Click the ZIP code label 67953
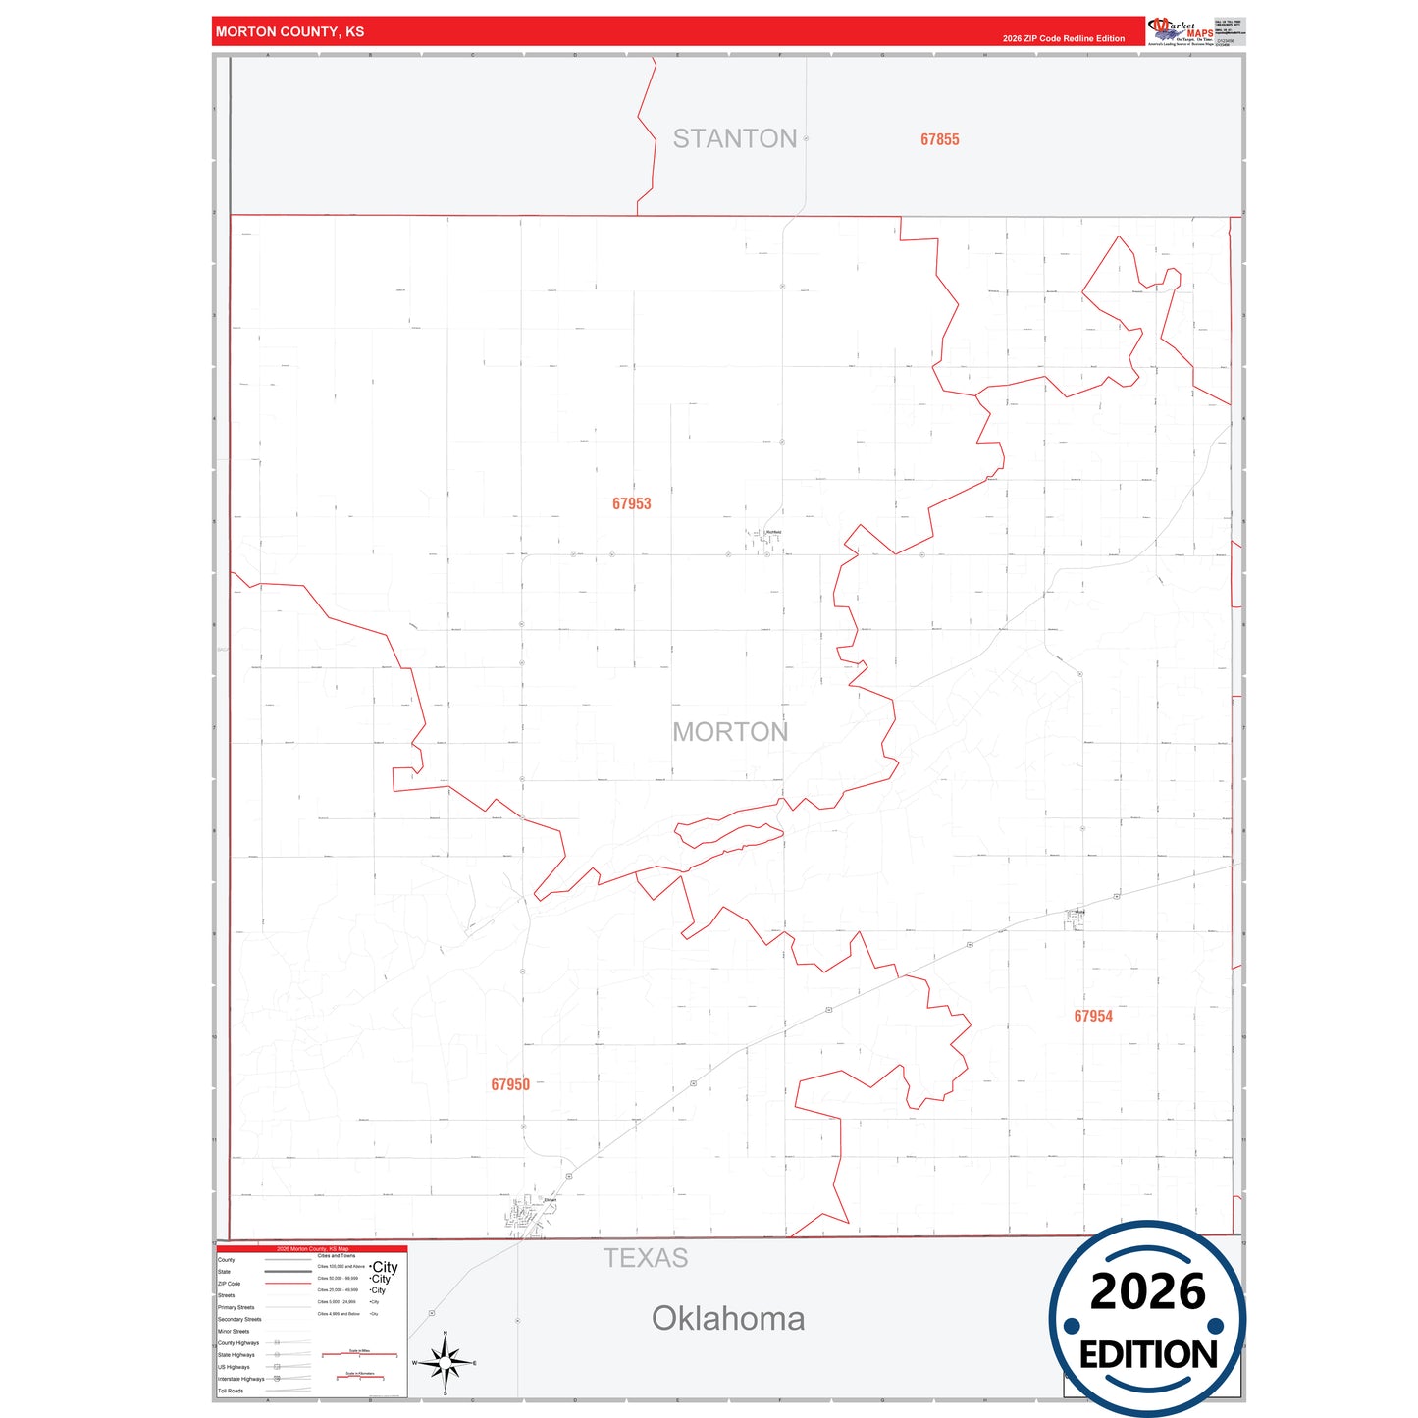[x=631, y=503]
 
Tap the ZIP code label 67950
[x=510, y=1084]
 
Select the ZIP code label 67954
[x=1093, y=1016]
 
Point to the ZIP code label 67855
[x=939, y=139]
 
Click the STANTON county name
[x=734, y=138]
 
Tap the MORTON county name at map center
[x=730, y=732]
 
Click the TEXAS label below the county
[x=646, y=1258]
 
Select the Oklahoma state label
[x=728, y=1318]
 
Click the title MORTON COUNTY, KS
[x=289, y=31]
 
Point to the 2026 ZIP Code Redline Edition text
[x=1064, y=38]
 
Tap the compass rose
[x=446, y=1363]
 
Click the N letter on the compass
[x=446, y=1334]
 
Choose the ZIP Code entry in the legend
[x=229, y=1284]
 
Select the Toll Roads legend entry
[x=231, y=1391]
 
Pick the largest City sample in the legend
[x=385, y=1267]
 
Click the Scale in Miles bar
[x=359, y=1355]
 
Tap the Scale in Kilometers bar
[x=359, y=1378]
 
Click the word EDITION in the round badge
[x=1148, y=1355]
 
